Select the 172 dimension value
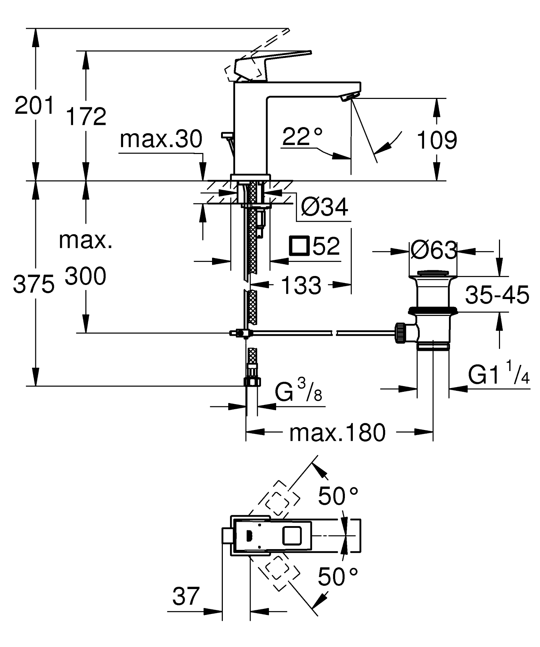[x=86, y=116]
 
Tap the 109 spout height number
[x=437, y=140]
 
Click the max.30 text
[x=161, y=139]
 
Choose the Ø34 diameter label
[x=324, y=207]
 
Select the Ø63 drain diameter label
[x=433, y=250]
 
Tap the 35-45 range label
[x=497, y=295]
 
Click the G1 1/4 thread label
[x=499, y=375]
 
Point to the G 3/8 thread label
[x=298, y=392]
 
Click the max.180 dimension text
[x=337, y=432]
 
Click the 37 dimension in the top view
[x=185, y=596]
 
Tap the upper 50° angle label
[x=338, y=496]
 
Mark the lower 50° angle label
[x=338, y=576]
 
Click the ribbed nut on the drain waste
[x=400, y=333]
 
